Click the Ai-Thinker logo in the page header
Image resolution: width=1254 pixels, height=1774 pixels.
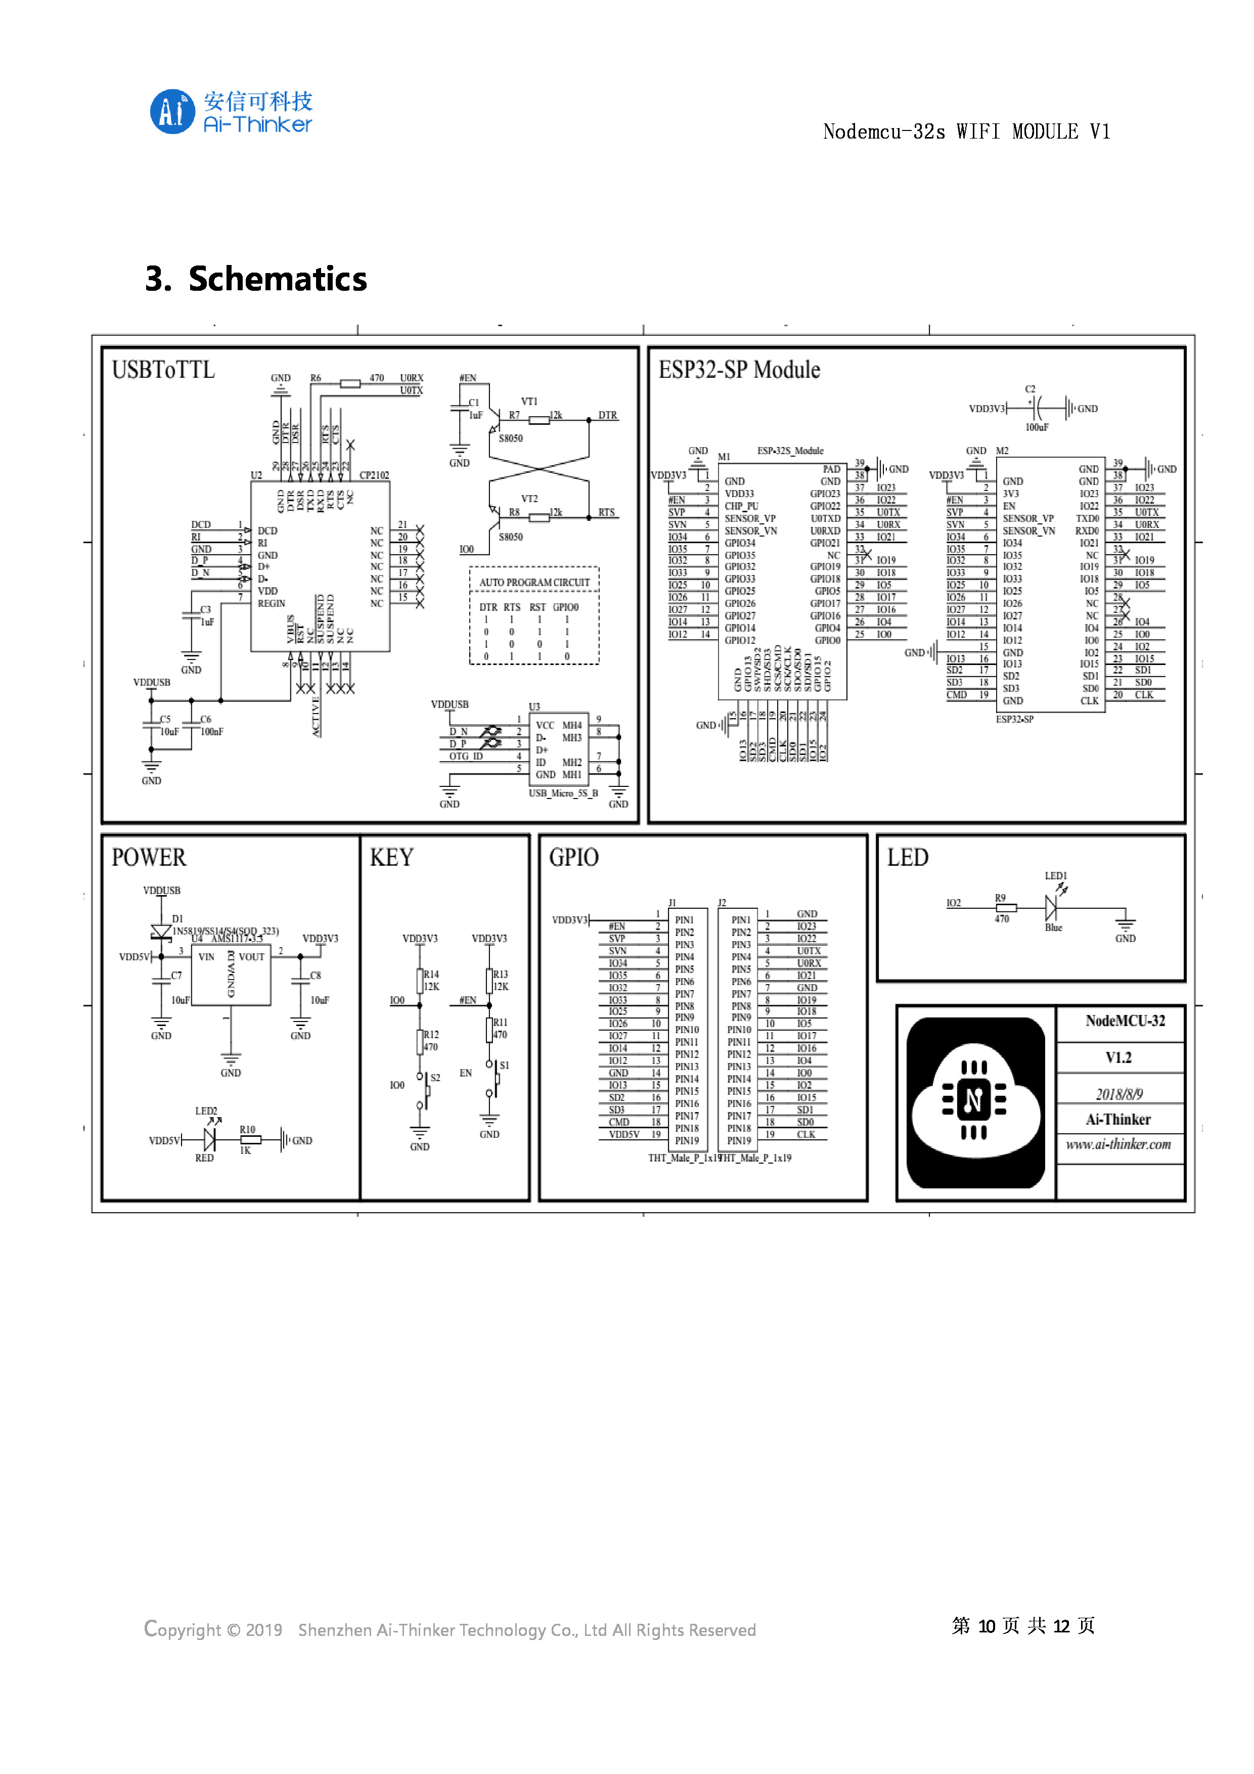point(230,111)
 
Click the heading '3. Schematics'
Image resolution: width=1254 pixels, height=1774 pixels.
point(256,279)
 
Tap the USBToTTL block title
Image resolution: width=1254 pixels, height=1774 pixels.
point(163,370)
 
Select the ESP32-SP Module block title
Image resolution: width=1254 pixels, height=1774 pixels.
point(739,370)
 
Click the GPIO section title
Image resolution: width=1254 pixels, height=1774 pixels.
point(573,858)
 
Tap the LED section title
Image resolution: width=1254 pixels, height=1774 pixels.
point(907,858)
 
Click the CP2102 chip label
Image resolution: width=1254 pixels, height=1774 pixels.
point(374,475)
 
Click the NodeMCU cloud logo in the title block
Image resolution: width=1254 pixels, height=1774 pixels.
point(975,1102)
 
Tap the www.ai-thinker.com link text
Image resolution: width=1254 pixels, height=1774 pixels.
point(1118,1144)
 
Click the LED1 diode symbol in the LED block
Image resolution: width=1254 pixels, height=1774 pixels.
point(1052,907)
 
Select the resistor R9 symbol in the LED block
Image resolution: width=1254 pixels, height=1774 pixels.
point(1006,908)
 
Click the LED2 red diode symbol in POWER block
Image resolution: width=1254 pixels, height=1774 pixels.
point(209,1139)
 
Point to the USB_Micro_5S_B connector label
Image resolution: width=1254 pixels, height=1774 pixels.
point(563,793)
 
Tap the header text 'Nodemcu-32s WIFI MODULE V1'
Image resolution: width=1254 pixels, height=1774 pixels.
point(966,132)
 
